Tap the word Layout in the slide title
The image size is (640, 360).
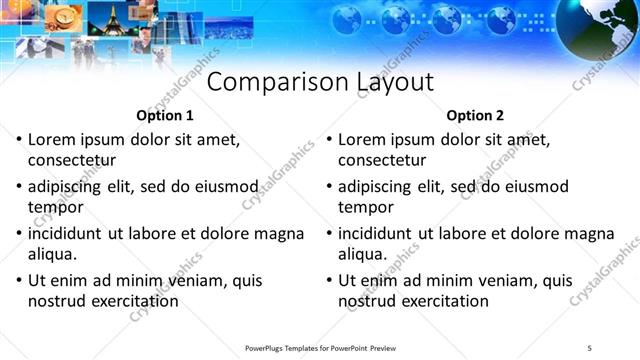pos(395,82)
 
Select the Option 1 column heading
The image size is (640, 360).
pos(165,115)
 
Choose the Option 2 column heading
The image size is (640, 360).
pos(476,115)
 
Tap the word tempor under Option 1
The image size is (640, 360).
pos(54,207)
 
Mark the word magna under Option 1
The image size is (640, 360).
pos(278,233)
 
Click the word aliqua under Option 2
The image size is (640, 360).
pos(362,254)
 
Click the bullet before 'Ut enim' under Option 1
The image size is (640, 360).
pos(19,281)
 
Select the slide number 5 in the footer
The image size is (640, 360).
pos(602,347)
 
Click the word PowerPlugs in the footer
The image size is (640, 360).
pos(266,347)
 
